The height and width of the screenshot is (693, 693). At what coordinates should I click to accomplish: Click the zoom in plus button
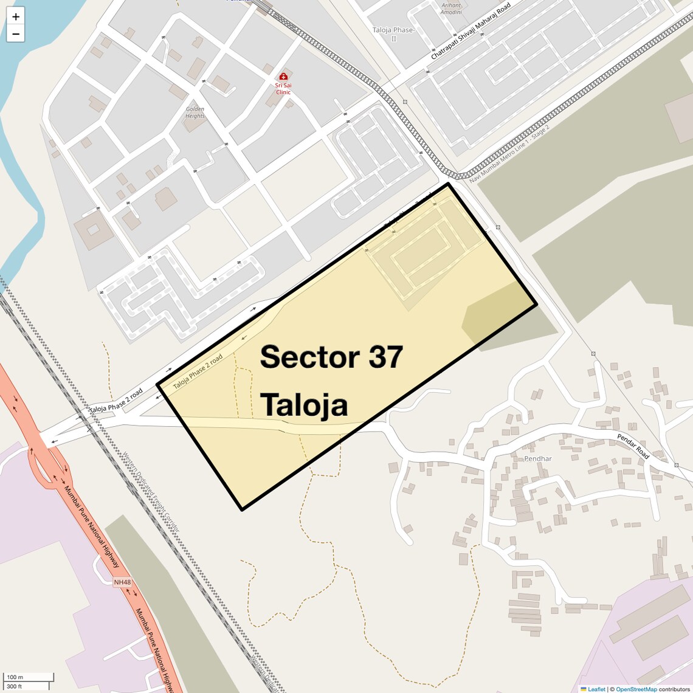click(16, 16)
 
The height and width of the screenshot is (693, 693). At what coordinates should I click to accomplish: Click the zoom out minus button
click(16, 34)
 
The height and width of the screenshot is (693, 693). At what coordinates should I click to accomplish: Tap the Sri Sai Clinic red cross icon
click(283, 77)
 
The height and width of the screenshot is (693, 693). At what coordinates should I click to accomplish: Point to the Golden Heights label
click(195, 112)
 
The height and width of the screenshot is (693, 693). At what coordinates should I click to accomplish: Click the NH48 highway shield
click(122, 582)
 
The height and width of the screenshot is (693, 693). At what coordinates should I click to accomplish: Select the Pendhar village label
click(537, 458)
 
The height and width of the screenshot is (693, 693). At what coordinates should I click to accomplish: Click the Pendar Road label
click(633, 446)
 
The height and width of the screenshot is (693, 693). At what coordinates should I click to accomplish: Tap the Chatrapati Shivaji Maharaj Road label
click(471, 30)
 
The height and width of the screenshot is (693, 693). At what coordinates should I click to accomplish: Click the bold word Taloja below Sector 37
click(304, 405)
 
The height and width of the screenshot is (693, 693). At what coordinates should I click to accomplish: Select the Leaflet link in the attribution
click(596, 689)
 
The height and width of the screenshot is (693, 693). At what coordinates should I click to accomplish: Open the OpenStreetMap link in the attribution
click(636, 689)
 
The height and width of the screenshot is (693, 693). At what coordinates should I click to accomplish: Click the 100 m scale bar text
click(15, 677)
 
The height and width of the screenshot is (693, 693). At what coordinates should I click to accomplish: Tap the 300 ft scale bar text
click(15, 686)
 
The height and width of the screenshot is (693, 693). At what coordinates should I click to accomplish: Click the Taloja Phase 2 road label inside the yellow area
click(198, 371)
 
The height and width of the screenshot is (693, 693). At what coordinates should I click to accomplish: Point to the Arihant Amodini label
click(451, 9)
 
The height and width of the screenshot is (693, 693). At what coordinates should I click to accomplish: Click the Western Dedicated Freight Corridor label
click(151, 491)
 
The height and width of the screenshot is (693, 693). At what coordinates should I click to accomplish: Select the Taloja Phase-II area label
click(393, 33)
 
